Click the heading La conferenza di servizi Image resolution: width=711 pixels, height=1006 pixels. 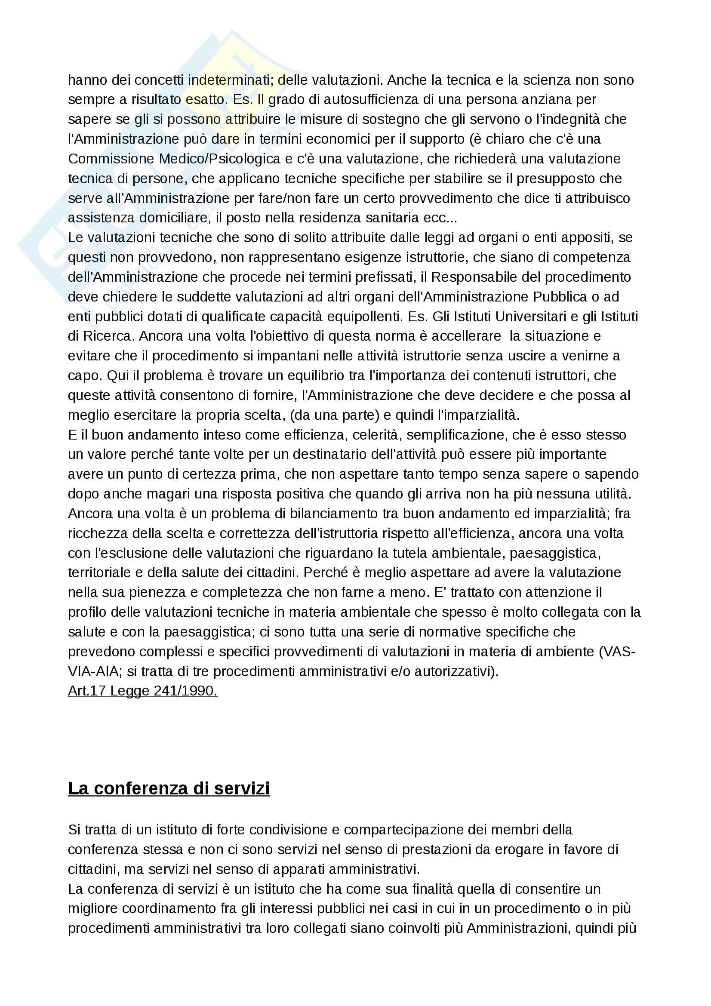click(x=169, y=788)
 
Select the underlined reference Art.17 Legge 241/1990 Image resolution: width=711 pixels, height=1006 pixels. click(x=142, y=691)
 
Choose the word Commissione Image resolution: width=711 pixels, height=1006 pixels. click(x=111, y=159)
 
